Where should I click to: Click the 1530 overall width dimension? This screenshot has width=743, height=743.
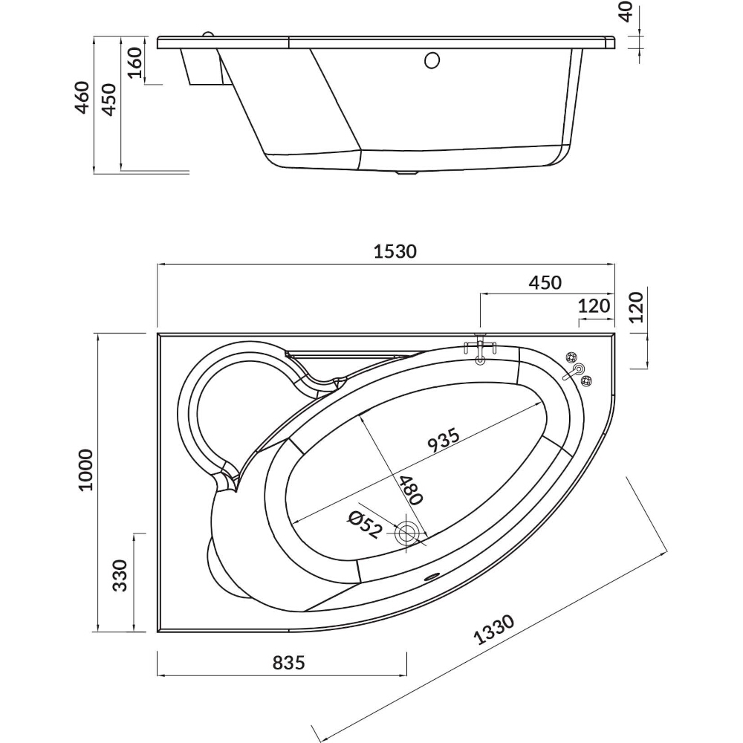coord(395,251)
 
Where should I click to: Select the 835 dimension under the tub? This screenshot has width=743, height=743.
coord(283,663)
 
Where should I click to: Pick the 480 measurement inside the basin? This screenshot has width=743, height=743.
coord(408,491)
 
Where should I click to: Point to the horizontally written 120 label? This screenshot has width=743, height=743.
coord(594,305)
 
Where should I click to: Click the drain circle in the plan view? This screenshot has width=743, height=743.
coord(407,533)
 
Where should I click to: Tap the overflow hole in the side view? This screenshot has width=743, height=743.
coord(430,60)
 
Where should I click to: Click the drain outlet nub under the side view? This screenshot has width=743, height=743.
coord(406,175)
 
